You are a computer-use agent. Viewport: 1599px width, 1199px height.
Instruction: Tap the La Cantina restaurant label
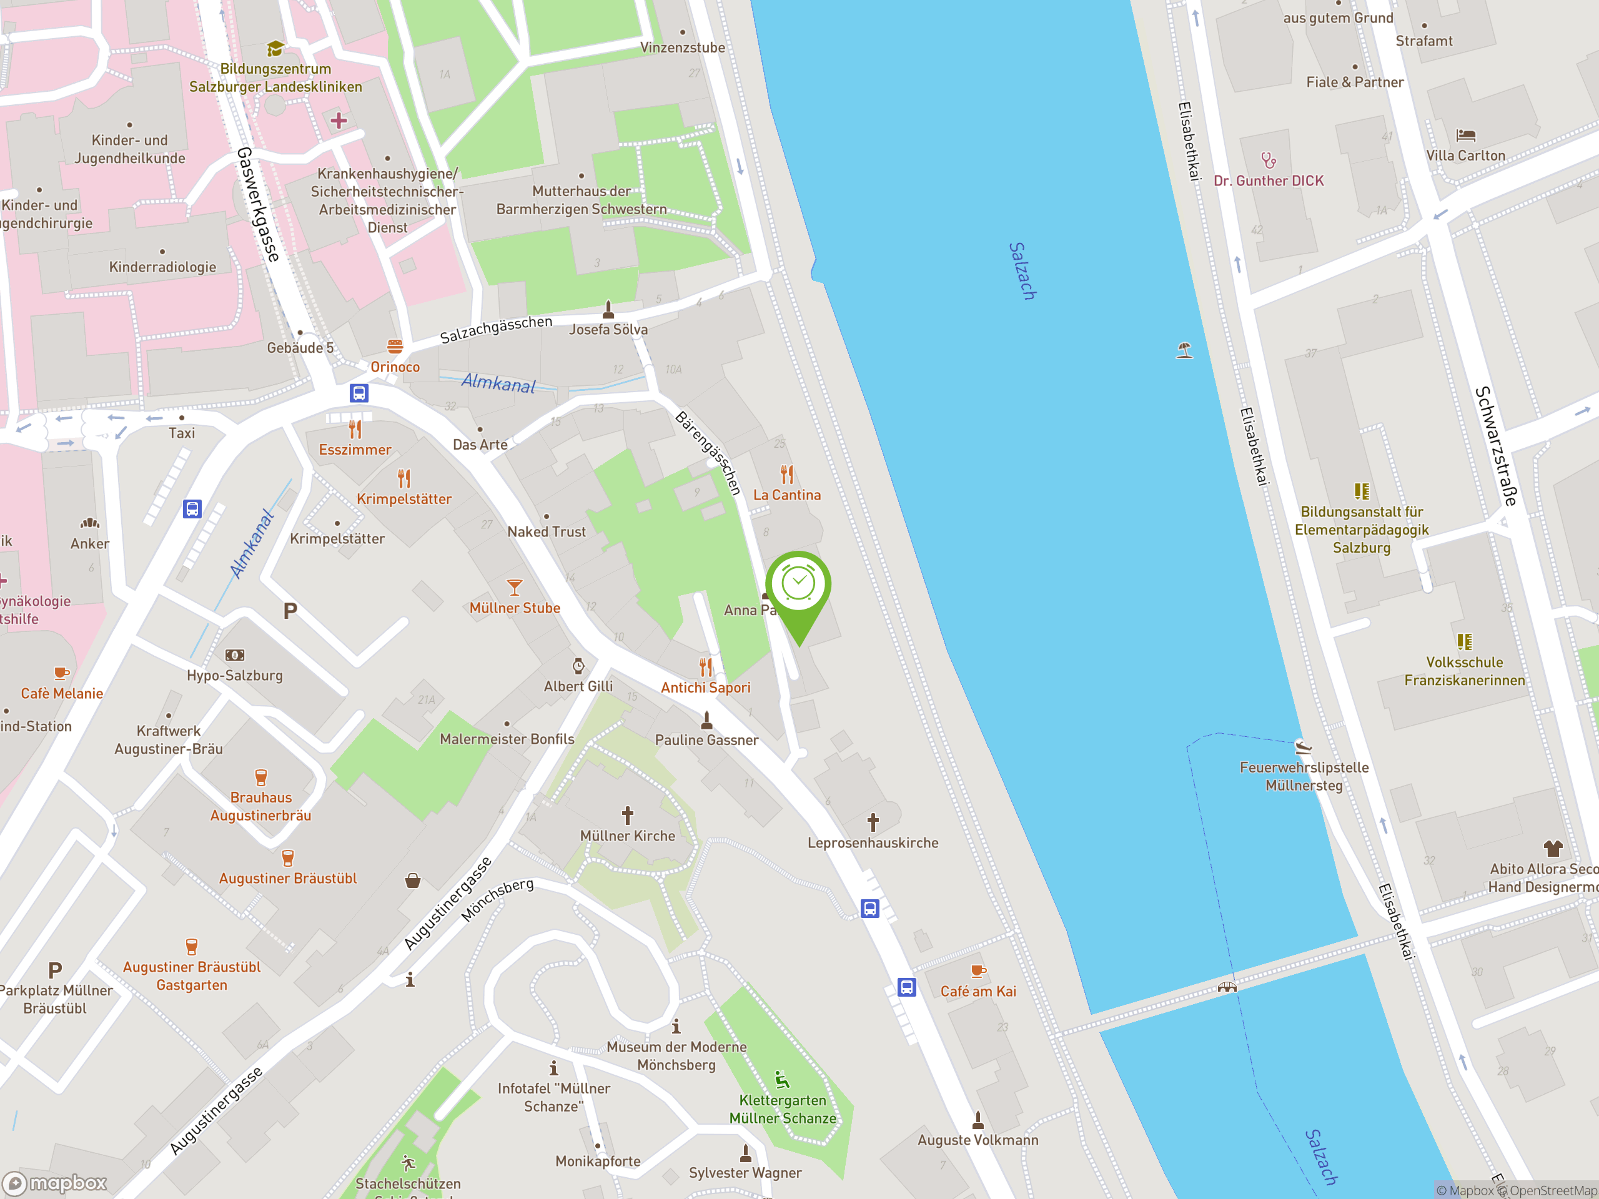(x=786, y=495)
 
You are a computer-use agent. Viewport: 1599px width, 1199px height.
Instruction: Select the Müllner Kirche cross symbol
(x=628, y=815)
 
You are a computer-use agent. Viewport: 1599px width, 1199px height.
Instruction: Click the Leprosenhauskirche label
(x=873, y=842)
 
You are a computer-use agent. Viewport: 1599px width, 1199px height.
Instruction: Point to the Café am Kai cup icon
(x=978, y=970)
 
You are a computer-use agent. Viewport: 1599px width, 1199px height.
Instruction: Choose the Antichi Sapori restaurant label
(x=706, y=688)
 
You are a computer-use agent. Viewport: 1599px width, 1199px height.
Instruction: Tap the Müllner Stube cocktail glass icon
(x=514, y=586)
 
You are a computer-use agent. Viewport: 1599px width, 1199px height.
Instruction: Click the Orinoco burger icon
(x=395, y=346)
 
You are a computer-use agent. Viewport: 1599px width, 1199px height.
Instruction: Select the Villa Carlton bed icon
(x=1465, y=135)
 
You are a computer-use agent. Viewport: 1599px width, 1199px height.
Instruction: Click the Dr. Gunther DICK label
(x=1269, y=180)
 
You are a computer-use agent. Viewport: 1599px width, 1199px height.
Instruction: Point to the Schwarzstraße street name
(x=1495, y=445)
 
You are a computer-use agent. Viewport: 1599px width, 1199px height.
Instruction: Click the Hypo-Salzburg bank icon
(x=235, y=655)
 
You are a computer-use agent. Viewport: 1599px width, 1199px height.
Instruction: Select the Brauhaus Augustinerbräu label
(x=261, y=806)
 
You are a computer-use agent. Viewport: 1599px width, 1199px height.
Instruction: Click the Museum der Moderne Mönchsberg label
(x=676, y=1055)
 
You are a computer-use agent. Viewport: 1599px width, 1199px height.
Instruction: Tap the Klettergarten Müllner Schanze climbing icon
(x=781, y=1080)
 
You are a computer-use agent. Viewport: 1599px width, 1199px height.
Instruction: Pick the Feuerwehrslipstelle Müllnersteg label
(x=1304, y=776)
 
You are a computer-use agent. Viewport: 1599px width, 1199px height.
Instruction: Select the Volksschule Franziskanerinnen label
(x=1464, y=671)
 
